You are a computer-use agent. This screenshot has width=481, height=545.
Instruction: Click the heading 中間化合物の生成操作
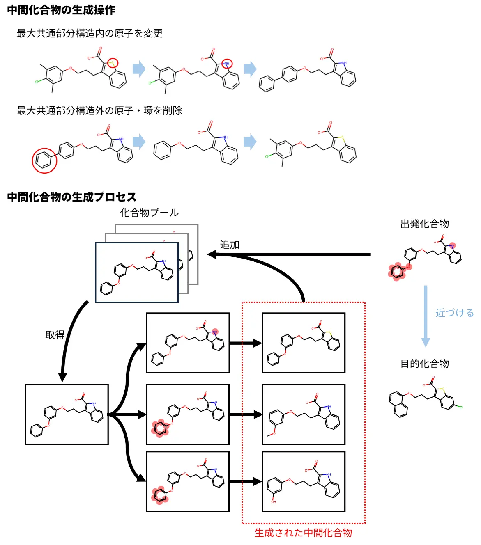coord(61,10)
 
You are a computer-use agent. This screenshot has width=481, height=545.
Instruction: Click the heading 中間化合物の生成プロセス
coord(71,197)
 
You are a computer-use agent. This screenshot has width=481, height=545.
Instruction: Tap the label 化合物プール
coord(149,213)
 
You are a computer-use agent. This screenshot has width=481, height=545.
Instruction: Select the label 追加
coord(229,245)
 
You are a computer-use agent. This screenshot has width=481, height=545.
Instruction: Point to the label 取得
coord(55,335)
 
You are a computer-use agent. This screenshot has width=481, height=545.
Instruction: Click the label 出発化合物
coord(424,224)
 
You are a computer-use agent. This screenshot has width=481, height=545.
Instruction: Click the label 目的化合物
coord(424,364)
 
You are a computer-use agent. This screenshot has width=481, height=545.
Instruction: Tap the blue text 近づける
coord(454,313)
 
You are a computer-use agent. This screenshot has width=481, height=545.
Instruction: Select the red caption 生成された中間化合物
coord(303,533)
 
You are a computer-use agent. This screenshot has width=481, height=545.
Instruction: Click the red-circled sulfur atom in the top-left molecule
coord(113,63)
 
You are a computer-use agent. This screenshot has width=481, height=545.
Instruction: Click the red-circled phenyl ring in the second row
coord(44,160)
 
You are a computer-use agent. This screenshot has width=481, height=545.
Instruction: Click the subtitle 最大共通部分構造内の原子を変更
coord(90,33)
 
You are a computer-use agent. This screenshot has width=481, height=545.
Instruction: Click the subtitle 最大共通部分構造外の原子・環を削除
coord(99,110)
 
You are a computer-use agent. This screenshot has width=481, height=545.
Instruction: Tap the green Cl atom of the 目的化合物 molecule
coord(461,407)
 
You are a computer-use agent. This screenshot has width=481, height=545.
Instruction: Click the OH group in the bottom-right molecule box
coord(273,501)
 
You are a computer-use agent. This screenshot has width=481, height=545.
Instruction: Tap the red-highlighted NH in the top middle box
coord(214,332)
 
